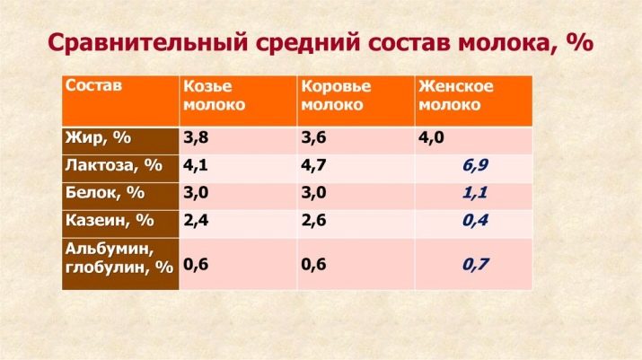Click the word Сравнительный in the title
(148, 42)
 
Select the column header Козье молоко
(214, 95)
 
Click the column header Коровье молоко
(336, 95)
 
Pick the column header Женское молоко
(456, 95)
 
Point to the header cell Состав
(93, 85)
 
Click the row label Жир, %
(98, 138)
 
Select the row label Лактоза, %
(114, 165)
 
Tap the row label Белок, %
(105, 192)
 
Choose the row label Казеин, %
(110, 221)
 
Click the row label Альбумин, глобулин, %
(119, 258)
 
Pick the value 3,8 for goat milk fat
(196, 137)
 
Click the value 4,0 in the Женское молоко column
(431, 137)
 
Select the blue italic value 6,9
(475, 165)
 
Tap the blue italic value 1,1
(475, 192)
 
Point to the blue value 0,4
(475, 221)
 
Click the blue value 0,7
(475, 264)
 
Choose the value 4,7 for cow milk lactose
(313, 165)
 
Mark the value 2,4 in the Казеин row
(196, 221)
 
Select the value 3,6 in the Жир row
(313, 137)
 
